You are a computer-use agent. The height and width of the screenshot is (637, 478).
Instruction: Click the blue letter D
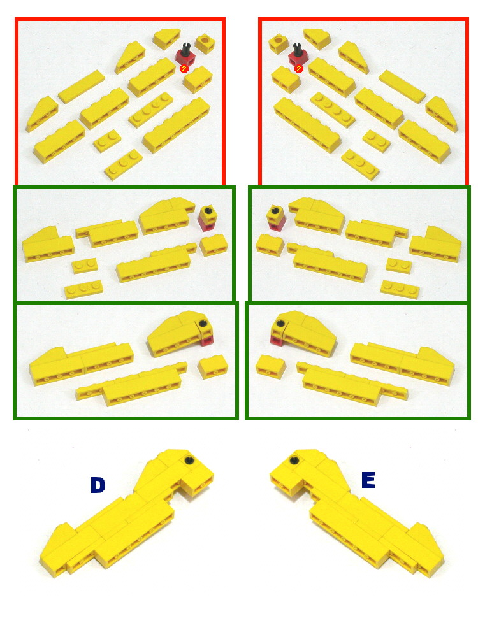(97, 485)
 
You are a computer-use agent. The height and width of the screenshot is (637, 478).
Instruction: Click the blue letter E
(368, 480)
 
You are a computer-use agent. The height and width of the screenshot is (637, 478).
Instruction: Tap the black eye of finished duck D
(189, 461)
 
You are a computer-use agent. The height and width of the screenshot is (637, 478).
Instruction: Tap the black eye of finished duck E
(294, 460)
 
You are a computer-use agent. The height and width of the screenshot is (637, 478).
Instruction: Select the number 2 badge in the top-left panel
(184, 68)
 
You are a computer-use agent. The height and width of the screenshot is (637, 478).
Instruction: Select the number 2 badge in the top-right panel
(298, 68)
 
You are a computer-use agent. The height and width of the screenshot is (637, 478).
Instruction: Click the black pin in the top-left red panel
(185, 47)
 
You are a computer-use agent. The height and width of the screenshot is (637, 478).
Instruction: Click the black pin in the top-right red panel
(297, 47)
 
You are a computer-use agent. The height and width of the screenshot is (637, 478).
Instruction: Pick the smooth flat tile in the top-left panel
(81, 87)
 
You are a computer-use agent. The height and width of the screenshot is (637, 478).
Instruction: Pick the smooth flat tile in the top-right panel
(402, 87)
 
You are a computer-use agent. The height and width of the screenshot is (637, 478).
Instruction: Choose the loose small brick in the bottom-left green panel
(213, 368)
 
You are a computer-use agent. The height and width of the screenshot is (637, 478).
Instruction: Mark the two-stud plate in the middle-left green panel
(84, 266)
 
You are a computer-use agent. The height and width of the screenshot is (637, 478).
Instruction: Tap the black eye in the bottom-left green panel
(203, 325)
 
